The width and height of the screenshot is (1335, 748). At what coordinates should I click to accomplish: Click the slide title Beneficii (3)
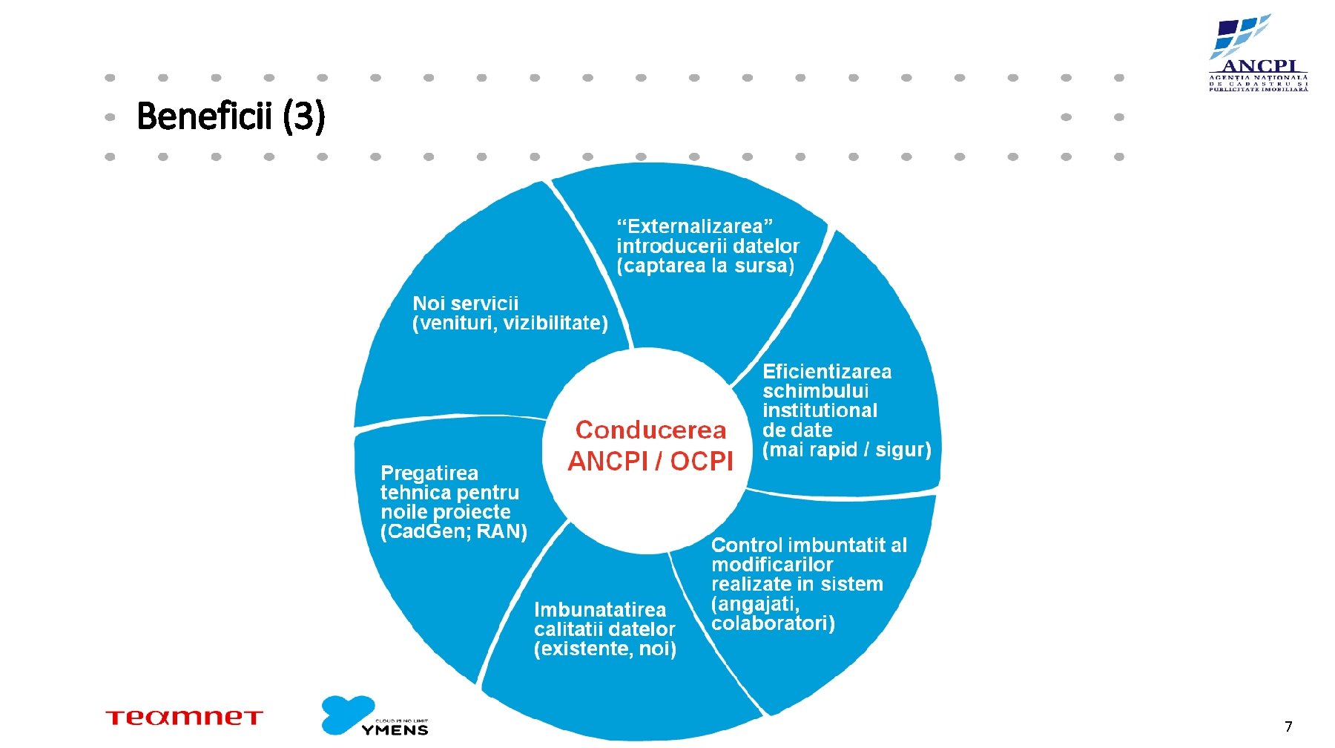tap(231, 117)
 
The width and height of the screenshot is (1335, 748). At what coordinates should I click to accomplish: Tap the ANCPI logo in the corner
tap(1258, 53)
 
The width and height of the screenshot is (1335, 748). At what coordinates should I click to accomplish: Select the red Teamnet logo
tap(184, 718)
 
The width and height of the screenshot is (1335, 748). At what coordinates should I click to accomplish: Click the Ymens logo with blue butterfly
tap(375, 716)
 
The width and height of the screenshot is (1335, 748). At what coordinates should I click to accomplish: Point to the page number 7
tap(1288, 726)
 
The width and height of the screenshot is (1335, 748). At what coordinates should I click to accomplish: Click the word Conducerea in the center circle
tap(650, 430)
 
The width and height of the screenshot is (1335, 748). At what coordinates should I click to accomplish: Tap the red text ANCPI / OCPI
tap(650, 462)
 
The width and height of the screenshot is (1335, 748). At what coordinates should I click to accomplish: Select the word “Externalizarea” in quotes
tap(695, 226)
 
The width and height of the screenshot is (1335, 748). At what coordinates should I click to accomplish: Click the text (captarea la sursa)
tap(705, 266)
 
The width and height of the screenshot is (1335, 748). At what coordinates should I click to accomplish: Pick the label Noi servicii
tap(465, 304)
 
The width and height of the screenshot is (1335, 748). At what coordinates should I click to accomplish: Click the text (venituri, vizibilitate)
tap(510, 324)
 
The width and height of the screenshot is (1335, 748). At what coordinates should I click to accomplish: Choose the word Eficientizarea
tap(827, 372)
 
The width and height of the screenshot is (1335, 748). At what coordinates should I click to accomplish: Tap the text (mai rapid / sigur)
tap(846, 450)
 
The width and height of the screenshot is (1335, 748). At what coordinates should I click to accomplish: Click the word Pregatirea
tap(429, 473)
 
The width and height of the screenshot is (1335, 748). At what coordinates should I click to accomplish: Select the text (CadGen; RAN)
tap(453, 532)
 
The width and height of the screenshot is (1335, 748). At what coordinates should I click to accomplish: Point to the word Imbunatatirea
tap(600, 610)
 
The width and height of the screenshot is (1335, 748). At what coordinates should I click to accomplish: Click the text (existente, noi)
tap(604, 649)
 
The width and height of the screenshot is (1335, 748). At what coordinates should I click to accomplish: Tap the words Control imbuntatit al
tap(809, 545)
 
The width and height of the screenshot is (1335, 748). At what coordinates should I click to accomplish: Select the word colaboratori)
tap(773, 623)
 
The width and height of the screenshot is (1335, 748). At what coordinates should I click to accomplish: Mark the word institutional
tap(820, 411)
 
